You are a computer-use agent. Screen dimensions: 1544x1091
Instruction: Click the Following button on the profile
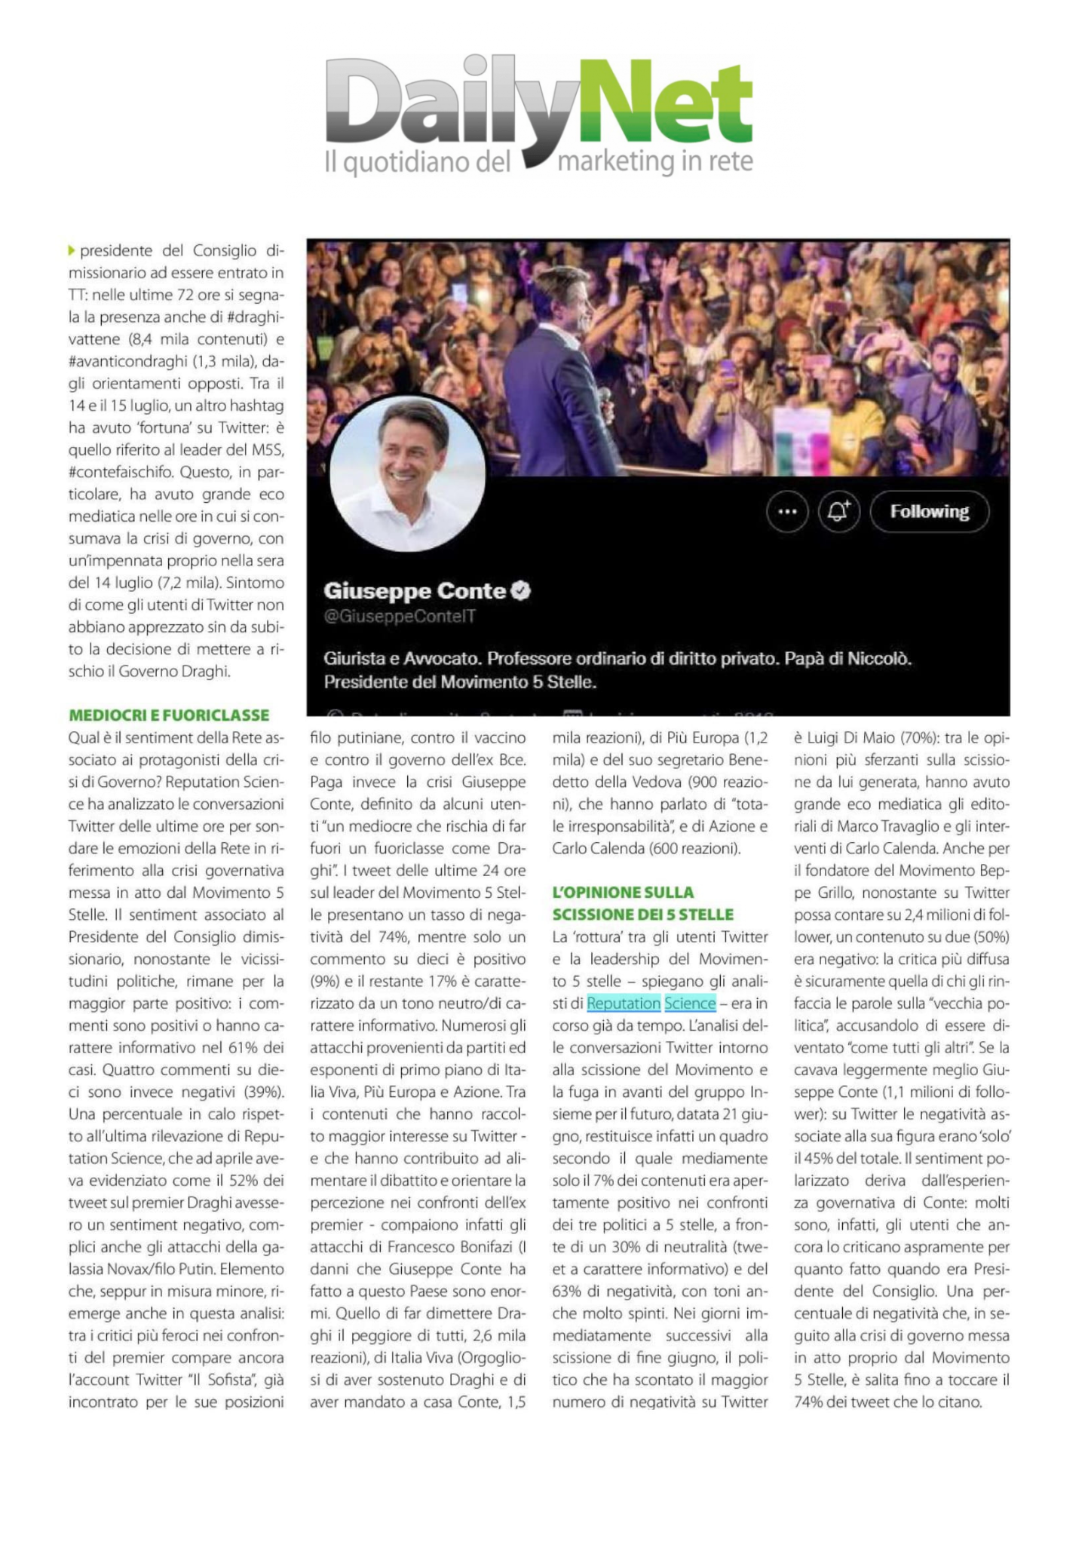tap(929, 512)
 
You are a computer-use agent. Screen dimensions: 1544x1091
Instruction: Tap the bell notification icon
tap(839, 512)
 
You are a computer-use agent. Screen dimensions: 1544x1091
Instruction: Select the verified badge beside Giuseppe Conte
tap(521, 591)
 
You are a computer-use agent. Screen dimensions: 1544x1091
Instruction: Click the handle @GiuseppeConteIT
tap(400, 617)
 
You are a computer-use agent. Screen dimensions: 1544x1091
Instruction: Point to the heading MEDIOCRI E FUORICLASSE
tap(169, 715)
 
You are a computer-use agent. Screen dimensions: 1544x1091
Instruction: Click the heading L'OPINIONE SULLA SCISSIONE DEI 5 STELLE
tap(642, 903)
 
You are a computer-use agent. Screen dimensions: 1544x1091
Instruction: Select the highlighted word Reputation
tap(624, 1003)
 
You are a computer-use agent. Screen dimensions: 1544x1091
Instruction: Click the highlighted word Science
tap(690, 1003)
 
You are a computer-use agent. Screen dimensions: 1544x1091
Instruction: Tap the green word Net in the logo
tap(666, 106)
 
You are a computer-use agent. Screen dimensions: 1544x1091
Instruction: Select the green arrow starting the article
tap(72, 250)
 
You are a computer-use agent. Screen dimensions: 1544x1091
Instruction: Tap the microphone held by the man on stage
tap(604, 395)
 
